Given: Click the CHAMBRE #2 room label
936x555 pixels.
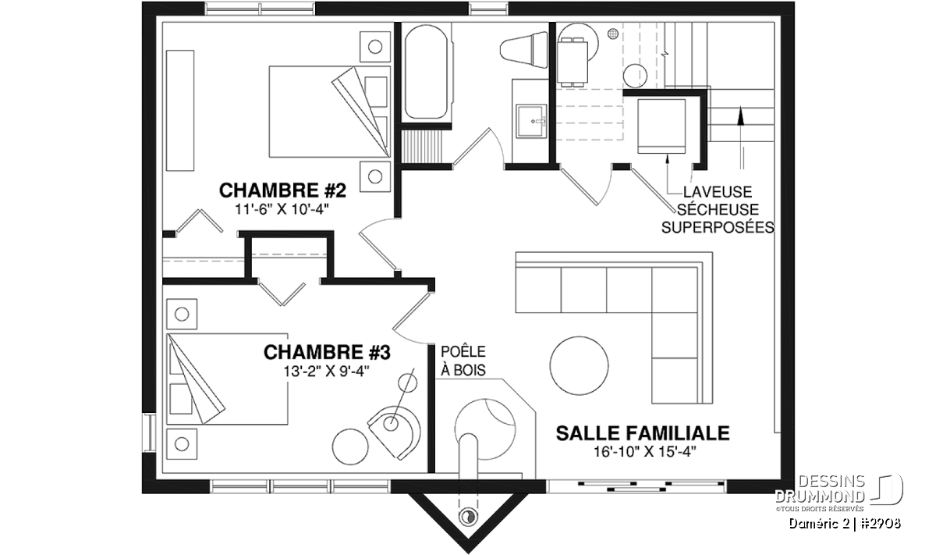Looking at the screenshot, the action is pos(282,190).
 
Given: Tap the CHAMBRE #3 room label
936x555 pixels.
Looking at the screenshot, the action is pos(327,353).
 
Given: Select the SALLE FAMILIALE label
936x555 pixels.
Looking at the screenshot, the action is pos(643,433).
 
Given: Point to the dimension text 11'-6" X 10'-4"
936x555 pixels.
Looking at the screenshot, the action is pos(282,209).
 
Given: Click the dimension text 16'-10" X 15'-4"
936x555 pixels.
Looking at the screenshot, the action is pos(645,452).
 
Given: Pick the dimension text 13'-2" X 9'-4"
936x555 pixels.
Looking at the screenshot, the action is pos(327,371).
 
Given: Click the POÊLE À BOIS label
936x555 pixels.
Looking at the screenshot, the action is pos(463,361).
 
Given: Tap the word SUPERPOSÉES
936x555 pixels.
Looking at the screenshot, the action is pos(718,227).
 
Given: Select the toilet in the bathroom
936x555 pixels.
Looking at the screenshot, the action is pos(524,50).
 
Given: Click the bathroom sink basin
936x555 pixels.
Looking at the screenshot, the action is pos(531,121).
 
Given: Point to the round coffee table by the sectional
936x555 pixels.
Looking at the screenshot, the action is pos(579,365).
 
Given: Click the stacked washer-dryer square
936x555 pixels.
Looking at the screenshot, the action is pos(661,126).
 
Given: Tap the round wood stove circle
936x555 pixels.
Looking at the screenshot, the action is pos(484,429).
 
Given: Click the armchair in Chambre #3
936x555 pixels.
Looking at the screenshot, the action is pos(394,432).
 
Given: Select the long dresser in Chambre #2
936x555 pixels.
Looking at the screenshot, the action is pos(180,111).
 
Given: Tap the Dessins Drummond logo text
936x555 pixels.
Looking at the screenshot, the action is pos(820,489).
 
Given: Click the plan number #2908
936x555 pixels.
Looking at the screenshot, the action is pos(881,524).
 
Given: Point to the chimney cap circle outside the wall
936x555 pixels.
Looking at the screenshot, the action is pos(467,517).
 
